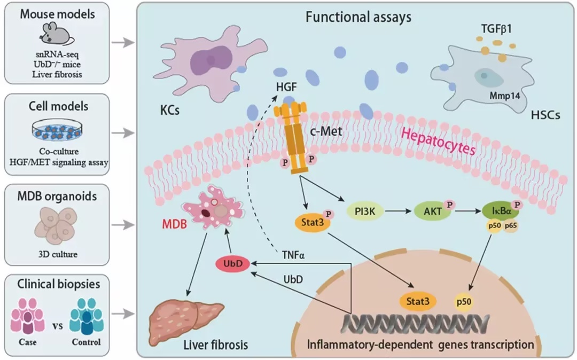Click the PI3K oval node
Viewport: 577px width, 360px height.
coord(365,212)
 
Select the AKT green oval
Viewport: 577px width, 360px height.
coord(433,212)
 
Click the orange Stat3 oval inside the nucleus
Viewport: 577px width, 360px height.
coord(418,302)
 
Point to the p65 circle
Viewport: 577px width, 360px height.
coord(511,226)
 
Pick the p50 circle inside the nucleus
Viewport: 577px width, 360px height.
coord(464,302)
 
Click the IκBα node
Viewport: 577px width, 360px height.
coord(501,211)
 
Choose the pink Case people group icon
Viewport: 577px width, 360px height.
coord(28,316)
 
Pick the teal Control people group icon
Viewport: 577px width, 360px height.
coord(87,316)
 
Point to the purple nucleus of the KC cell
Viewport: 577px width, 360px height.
coord(211,61)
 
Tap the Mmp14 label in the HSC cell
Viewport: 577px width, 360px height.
coord(504,96)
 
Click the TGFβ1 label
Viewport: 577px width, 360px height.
coord(496,28)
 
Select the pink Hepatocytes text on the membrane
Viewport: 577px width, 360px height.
coord(438,141)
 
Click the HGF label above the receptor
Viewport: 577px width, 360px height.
coord(286,87)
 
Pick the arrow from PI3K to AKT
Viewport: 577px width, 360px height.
coord(398,211)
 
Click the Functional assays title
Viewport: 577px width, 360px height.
coord(358,17)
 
